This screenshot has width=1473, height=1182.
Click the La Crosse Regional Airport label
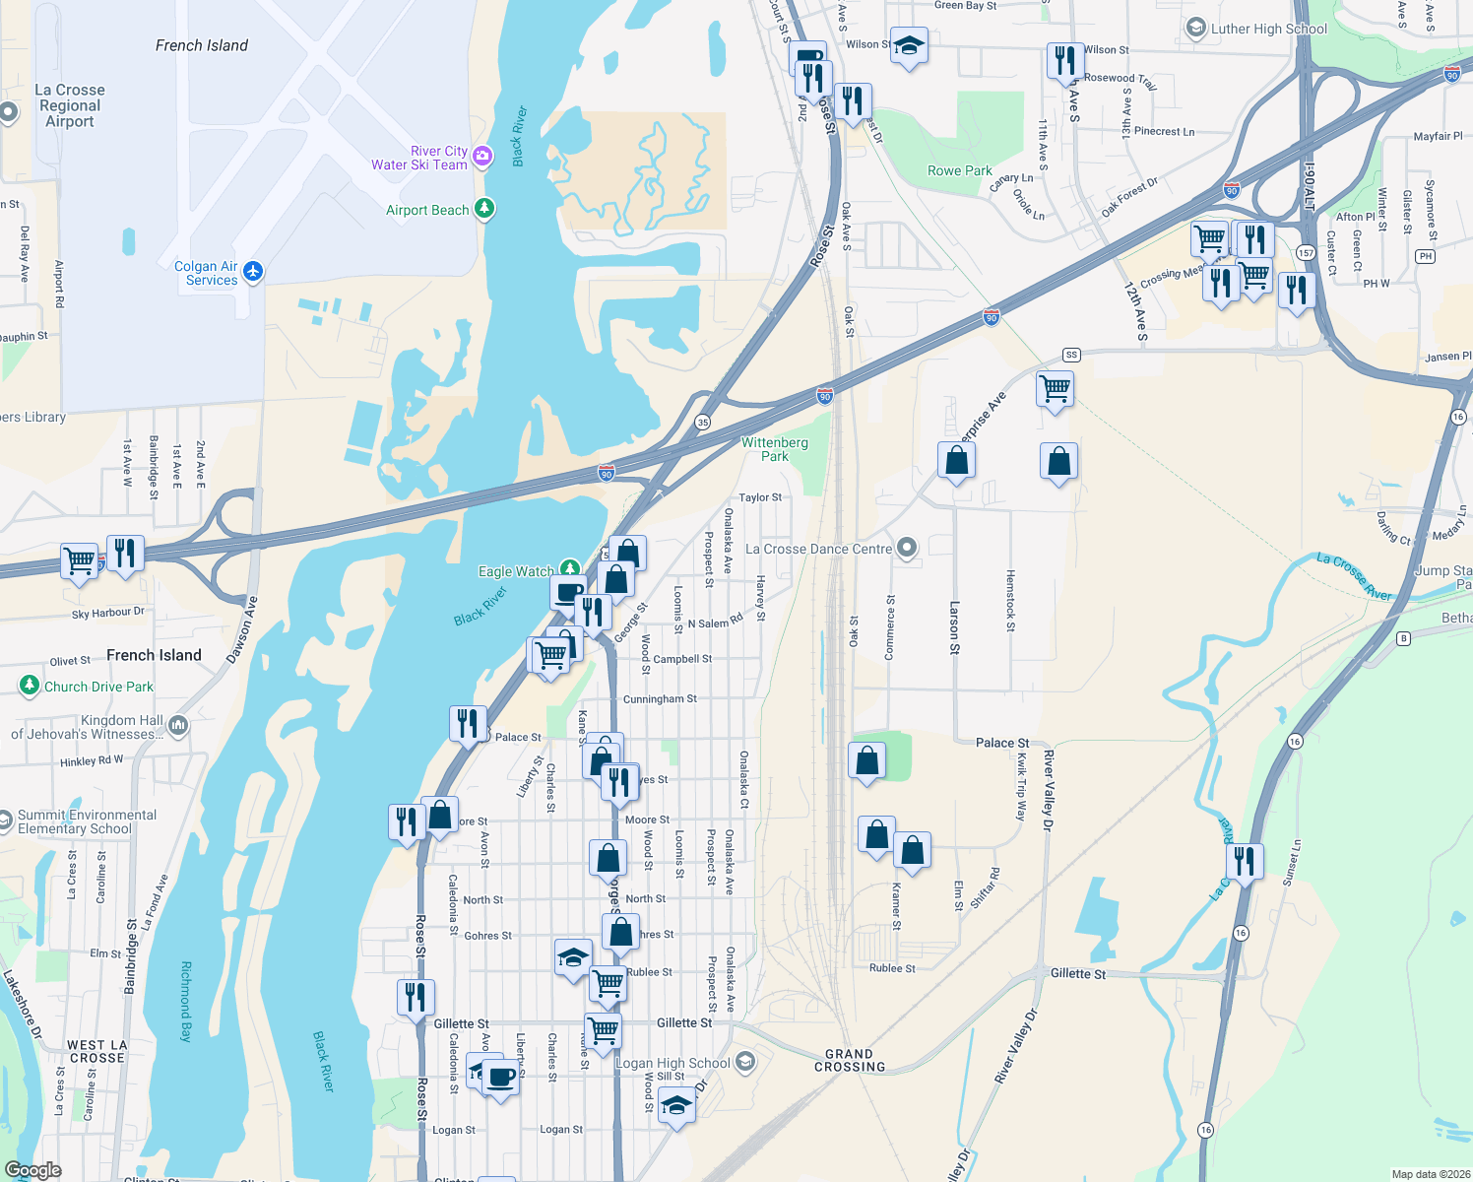click(x=69, y=105)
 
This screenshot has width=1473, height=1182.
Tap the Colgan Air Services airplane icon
click(x=253, y=271)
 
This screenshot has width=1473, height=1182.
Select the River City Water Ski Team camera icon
click(x=482, y=156)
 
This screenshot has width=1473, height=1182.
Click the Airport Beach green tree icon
click(x=483, y=209)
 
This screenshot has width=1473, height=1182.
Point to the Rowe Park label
click(x=959, y=170)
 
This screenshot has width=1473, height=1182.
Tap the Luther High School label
click(x=1268, y=29)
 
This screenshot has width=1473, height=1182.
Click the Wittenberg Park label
click(x=774, y=449)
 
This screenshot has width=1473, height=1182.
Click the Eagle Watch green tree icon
click(x=569, y=569)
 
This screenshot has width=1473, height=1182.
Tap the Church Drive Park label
click(x=98, y=687)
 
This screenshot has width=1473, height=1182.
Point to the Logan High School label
click(x=672, y=1063)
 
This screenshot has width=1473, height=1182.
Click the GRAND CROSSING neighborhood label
click(x=849, y=1060)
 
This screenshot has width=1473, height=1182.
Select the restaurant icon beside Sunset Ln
click(x=1245, y=862)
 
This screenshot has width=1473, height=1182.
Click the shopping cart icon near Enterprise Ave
click(x=1055, y=389)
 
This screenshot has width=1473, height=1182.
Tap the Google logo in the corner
click(x=32, y=1170)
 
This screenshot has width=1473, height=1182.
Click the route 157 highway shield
click(x=1306, y=252)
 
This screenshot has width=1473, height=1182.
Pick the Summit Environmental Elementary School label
click(x=87, y=821)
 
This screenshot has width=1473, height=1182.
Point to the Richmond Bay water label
click(x=185, y=1002)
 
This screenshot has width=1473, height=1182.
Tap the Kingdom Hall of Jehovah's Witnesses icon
click(x=178, y=726)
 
